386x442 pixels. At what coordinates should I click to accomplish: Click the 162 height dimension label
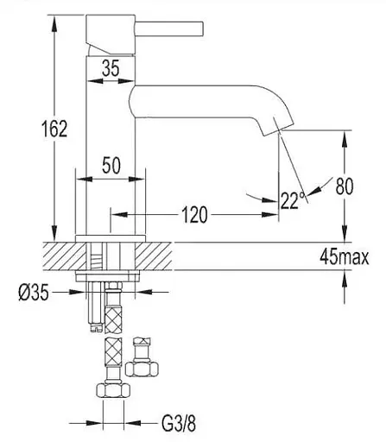pyautogui.click(x=54, y=129)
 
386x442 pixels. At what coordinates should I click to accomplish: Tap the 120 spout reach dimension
pyautogui.click(x=194, y=215)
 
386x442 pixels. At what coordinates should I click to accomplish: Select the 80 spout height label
pyautogui.click(x=345, y=186)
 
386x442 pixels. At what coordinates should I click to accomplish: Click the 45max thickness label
pyautogui.click(x=344, y=256)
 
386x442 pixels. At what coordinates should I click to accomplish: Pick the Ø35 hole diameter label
pyautogui.click(x=34, y=294)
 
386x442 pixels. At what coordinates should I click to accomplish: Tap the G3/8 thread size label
pyautogui.click(x=179, y=423)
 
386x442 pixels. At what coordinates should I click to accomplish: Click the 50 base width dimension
pyautogui.click(x=111, y=166)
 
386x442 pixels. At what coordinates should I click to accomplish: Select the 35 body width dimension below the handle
pyautogui.click(x=111, y=68)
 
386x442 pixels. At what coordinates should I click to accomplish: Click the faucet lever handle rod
pyautogui.click(x=169, y=29)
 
